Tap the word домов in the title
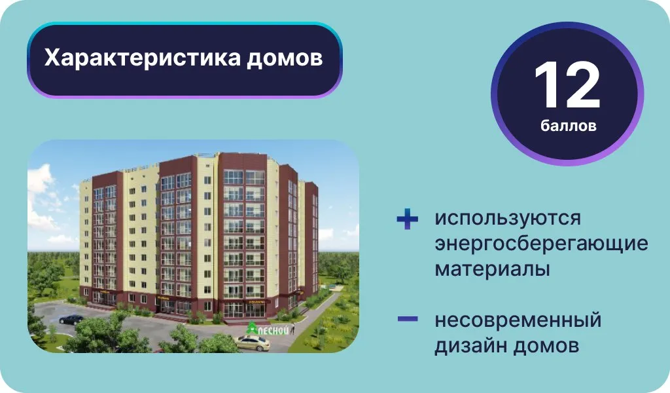point(285,58)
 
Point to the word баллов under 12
point(568,125)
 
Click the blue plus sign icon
point(407,219)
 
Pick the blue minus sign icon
point(408,318)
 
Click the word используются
point(508,219)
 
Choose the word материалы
point(492,269)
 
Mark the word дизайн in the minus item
point(470,346)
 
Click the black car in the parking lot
point(71,319)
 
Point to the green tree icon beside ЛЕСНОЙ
point(252,328)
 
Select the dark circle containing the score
point(567,94)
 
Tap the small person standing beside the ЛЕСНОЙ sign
point(292,329)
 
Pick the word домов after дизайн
point(546,346)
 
